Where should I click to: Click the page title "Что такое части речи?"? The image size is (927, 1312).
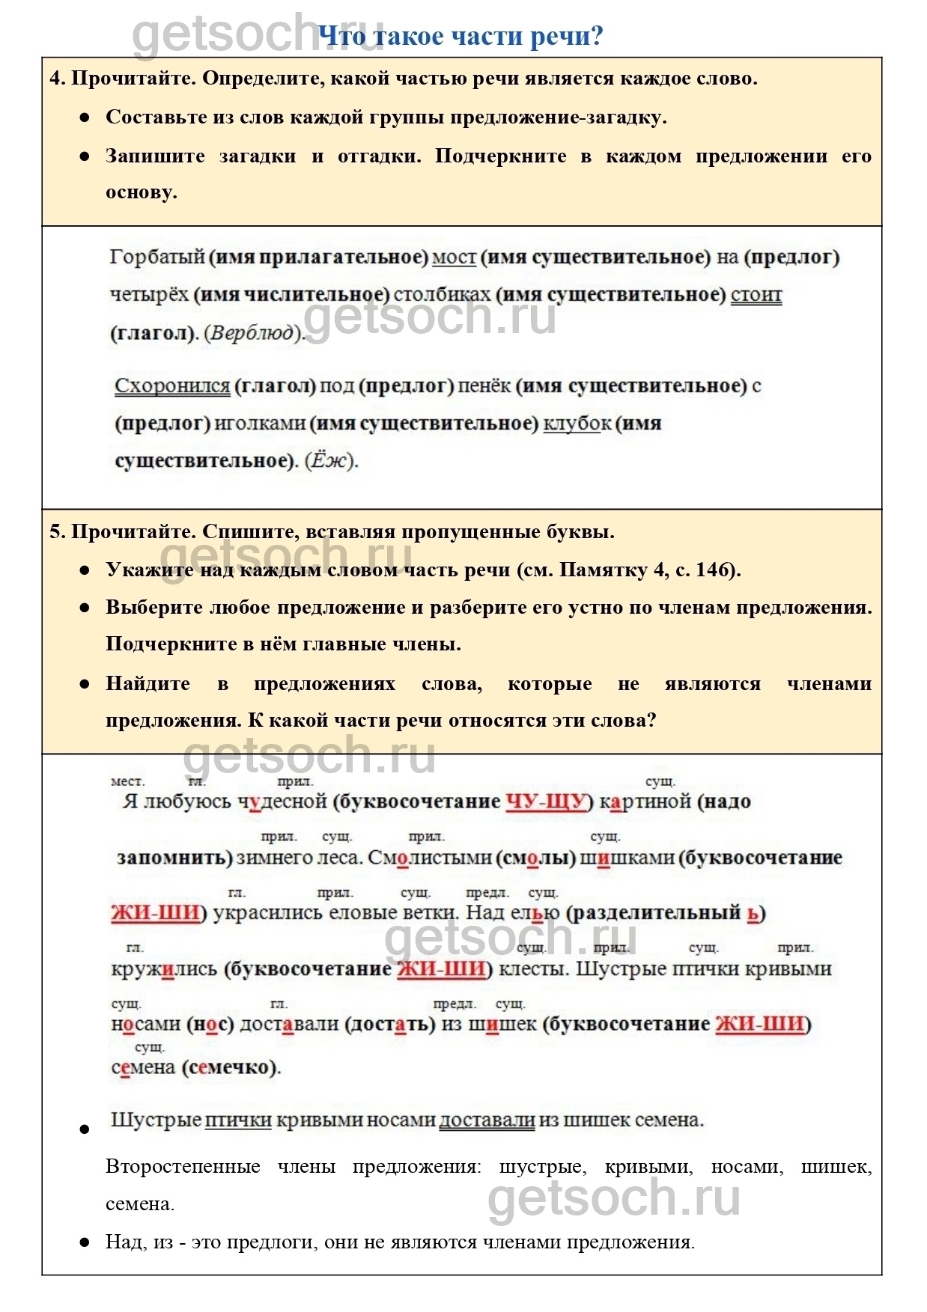(x=460, y=35)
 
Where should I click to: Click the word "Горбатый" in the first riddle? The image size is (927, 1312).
(x=156, y=257)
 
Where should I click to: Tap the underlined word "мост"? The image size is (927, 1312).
(x=454, y=257)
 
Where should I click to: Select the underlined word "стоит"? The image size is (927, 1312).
(x=756, y=294)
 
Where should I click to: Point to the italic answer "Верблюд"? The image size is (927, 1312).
(x=253, y=332)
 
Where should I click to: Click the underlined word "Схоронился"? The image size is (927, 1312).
(x=171, y=385)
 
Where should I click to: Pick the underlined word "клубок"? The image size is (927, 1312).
(x=577, y=423)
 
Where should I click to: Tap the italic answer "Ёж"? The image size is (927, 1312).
(x=331, y=460)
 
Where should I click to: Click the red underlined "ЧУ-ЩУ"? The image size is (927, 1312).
(x=545, y=802)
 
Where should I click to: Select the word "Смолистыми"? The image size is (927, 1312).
(x=430, y=857)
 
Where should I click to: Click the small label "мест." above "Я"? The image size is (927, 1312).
(x=127, y=781)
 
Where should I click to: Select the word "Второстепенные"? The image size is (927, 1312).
(x=183, y=1166)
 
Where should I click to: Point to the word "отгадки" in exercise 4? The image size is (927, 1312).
(x=380, y=156)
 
